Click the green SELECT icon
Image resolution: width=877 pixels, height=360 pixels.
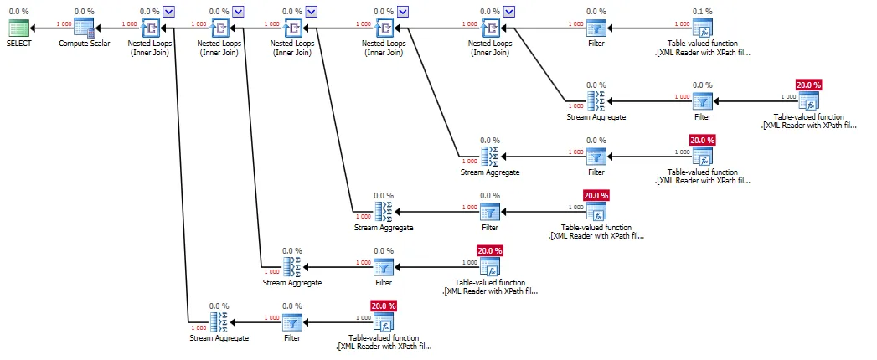[18, 28]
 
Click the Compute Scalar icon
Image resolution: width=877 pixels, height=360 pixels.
[84, 28]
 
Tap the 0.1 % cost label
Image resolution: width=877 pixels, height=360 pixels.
[702, 12]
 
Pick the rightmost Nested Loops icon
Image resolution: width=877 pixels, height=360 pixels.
[490, 28]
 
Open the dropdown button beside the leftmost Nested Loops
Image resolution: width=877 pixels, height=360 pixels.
[169, 11]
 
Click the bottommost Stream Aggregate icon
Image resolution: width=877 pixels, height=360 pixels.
[219, 322]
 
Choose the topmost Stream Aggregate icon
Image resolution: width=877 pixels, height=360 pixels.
[596, 101]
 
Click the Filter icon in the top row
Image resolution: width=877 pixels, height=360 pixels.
[596, 28]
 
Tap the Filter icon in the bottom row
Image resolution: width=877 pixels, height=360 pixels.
[291, 322]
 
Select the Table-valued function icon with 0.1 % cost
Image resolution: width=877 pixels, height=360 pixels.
[702, 28]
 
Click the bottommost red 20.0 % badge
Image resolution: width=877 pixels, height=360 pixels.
[384, 306]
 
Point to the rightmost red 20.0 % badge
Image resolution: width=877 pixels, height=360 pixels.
[808, 85]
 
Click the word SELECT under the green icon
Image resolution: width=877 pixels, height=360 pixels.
[18, 44]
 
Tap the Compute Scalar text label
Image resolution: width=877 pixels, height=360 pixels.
[84, 44]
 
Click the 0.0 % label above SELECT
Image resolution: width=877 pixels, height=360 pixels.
[18, 12]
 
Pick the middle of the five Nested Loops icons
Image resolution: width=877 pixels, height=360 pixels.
[293, 28]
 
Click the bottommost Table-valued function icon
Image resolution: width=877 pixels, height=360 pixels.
[384, 322]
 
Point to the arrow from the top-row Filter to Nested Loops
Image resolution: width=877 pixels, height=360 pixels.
[544, 28]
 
